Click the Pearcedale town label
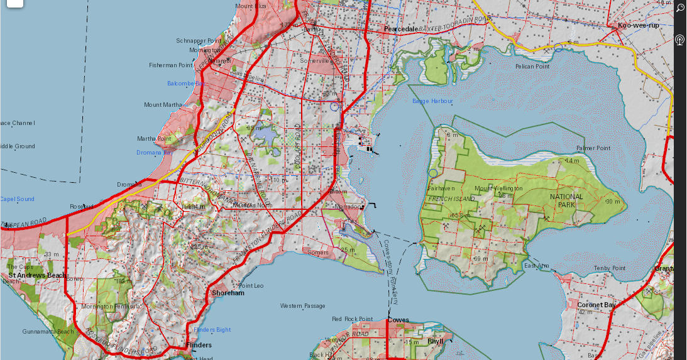coord(401,29)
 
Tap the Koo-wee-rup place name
coord(638,26)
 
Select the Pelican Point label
coord(532,66)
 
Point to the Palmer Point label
coord(593,148)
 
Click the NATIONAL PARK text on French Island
coord(566,200)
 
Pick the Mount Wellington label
coord(498,188)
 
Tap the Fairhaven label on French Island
coord(441,188)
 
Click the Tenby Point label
coord(610,268)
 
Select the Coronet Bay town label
coord(596,305)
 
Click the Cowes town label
coord(398,320)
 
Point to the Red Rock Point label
coord(352,319)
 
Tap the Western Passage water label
coord(303,306)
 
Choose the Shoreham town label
coord(228,293)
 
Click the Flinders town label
coord(199,345)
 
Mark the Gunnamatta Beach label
coord(48,331)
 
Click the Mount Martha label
coord(162,105)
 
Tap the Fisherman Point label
coord(170,65)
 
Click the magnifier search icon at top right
coord(680,8)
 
